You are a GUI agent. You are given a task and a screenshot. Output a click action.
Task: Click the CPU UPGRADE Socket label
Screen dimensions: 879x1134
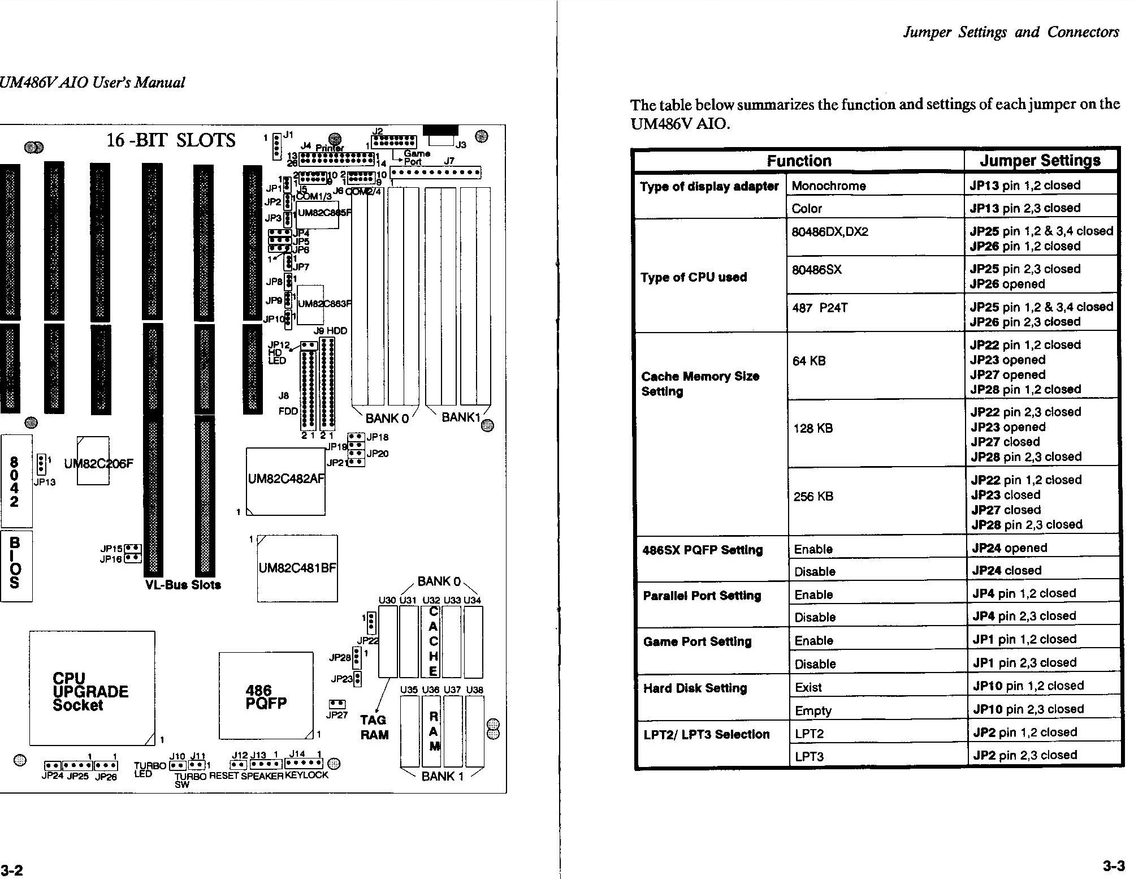90,692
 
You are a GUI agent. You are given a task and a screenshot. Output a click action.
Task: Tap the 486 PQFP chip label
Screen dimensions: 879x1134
266,697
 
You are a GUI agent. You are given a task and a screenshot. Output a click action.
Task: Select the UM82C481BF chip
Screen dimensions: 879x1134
297,568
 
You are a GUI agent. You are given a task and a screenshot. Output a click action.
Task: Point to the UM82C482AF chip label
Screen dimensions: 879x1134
286,479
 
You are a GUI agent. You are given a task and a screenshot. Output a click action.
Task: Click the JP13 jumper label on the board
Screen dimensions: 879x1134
45,482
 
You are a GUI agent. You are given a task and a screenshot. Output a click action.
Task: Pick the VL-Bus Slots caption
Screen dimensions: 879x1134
183,585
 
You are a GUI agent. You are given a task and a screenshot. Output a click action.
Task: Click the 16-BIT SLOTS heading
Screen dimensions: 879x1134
171,140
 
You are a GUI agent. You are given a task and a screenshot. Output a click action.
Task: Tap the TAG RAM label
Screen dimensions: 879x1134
374,727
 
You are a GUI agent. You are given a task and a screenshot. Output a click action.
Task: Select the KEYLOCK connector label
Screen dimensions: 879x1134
306,775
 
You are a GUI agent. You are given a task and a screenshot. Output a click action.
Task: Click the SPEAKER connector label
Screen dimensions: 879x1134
262,776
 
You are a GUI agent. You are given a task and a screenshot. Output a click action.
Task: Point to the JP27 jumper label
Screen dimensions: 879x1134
337,715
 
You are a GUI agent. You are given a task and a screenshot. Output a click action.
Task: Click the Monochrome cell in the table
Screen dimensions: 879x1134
828,186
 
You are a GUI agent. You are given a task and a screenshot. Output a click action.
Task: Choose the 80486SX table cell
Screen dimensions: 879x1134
816,270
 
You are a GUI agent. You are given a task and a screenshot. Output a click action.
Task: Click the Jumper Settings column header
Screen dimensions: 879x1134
1040,161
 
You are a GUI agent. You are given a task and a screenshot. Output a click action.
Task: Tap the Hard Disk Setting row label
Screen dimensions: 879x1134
695,688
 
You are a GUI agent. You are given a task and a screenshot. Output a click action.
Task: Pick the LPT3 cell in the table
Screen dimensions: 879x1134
809,756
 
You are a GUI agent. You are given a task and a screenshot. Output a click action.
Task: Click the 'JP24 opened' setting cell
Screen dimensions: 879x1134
1009,548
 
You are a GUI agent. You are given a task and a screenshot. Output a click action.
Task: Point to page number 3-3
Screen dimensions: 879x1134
1113,866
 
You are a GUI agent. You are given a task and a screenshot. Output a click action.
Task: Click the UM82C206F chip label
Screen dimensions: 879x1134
99,464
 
